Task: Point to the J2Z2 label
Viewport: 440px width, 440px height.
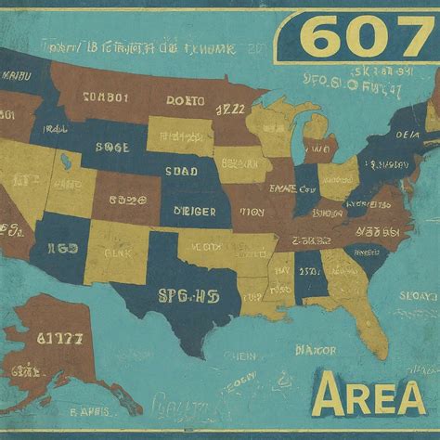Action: (231, 110)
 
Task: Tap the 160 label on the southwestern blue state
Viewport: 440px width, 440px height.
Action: (62, 248)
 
